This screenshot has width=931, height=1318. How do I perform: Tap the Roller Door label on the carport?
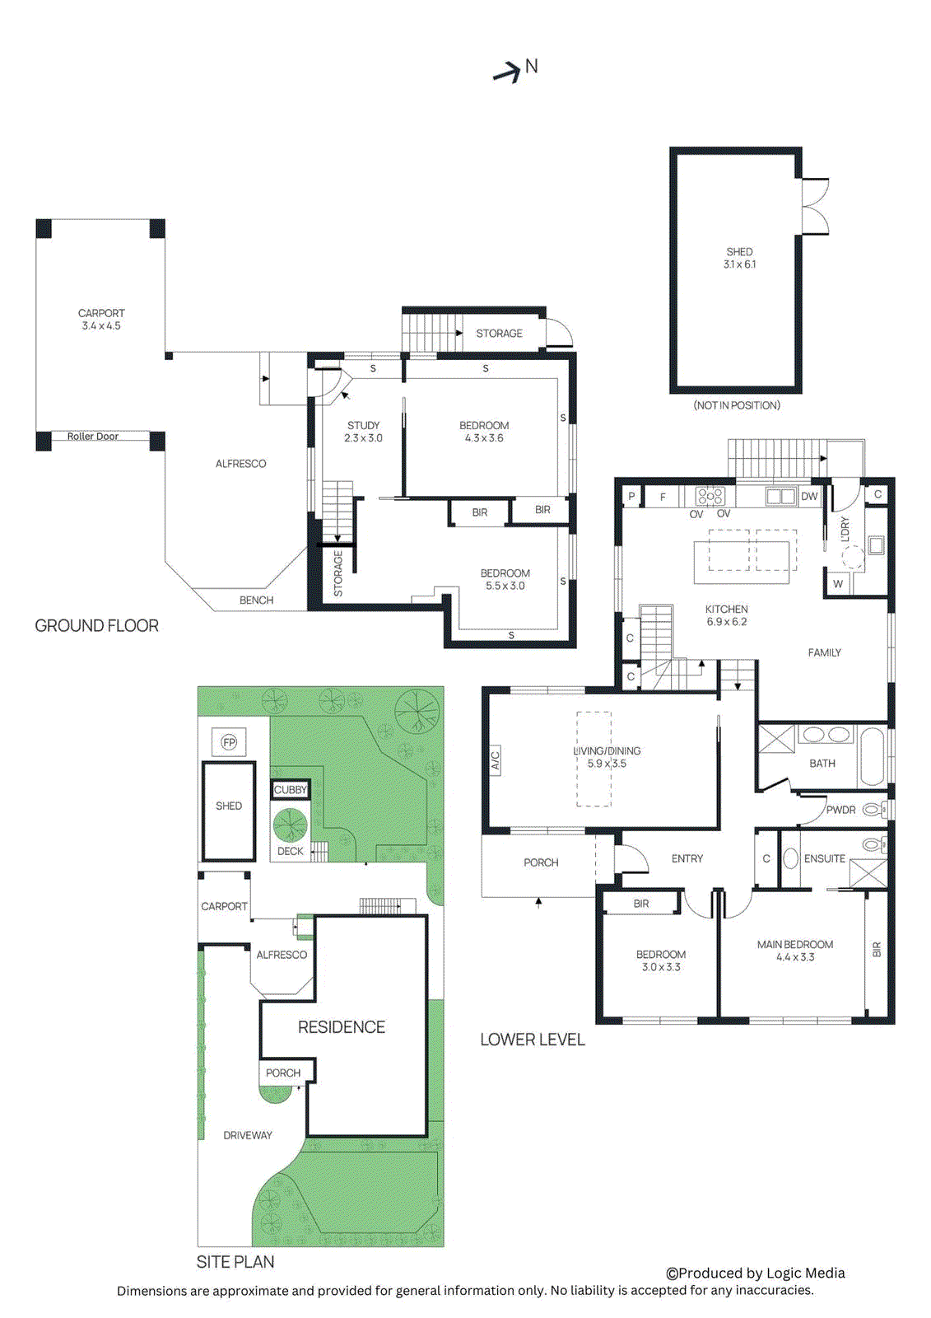click(x=93, y=437)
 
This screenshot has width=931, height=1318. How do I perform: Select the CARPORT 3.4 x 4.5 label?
click(x=101, y=320)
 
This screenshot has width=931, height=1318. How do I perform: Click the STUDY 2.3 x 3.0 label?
click(x=363, y=432)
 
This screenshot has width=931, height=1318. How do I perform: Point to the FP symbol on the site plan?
click(x=229, y=742)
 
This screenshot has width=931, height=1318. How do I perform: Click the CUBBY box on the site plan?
click(x=291, y=789)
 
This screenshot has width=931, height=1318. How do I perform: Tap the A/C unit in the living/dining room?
click(x=496, y=759)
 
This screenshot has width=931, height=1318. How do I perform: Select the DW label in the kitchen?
click(x=809, y=496)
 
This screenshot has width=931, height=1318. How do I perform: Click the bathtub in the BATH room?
click(x=872, y=755)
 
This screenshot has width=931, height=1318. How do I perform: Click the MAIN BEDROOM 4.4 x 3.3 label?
click(x=795, y=951)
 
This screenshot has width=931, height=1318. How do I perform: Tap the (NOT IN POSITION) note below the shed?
click(x=737, y=405)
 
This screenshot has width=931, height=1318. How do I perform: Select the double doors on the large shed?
click(x=814, y=206)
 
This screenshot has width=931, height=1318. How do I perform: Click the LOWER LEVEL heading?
click(x=533, y=1040)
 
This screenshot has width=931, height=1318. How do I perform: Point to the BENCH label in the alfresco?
click(x=256, y=600)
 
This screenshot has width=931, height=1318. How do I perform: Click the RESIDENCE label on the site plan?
click(x=342, y=1027)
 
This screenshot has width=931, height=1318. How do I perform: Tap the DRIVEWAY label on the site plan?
click(x=248, y=1135)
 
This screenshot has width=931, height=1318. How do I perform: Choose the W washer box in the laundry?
click(x=838, y=583)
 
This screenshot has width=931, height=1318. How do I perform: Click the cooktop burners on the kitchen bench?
click(x=710, y=496)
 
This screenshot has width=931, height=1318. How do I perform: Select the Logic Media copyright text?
click(x=755, y=1273)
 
